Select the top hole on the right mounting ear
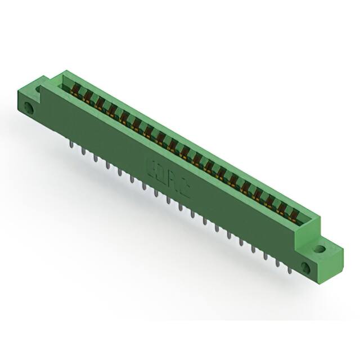tap(319, 248)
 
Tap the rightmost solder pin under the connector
tap(290, 270)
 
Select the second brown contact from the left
tap(87, 96)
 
